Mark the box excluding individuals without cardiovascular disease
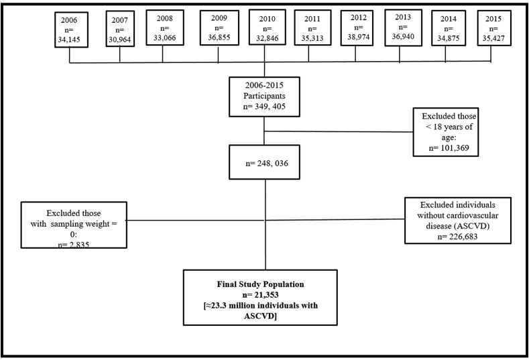tap(459, 221)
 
